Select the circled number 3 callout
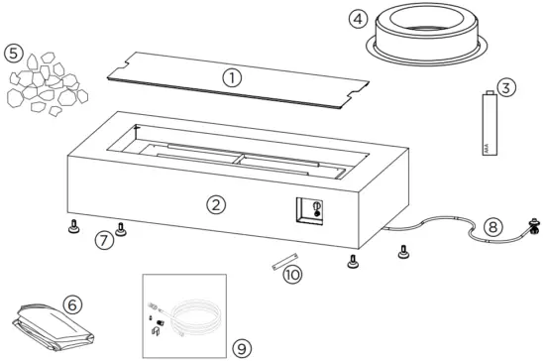click(x=505, y=89)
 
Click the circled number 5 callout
click(x=14, y=53)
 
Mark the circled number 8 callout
click(x=493, y=228)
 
